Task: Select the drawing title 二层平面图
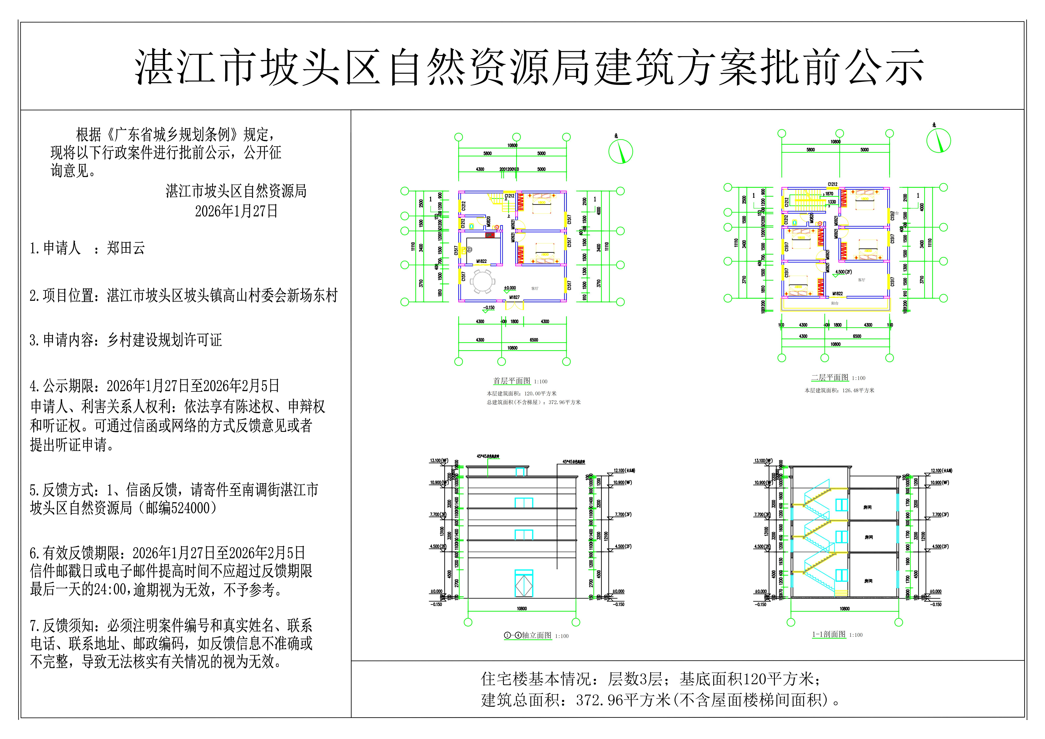pyautogui.click(x=830, y=377)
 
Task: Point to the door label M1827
pyautogui.click(x=514, y=297)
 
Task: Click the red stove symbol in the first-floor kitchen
pyautogui.click(x=490, y=235)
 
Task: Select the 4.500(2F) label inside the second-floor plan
pyautogui.click(x=843, y=272)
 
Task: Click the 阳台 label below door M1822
pyautogui.click(x=835, y=303)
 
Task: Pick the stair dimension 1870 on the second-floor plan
pyautogui.click(x=829, y=194)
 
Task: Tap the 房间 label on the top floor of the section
pyautogui.click(x=867, y=507)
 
